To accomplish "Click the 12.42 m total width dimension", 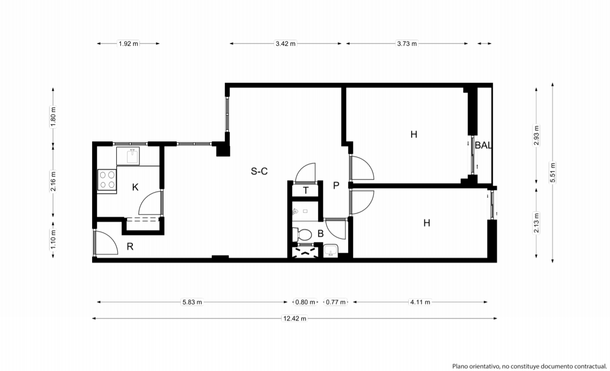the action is [295, 319].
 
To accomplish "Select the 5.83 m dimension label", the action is [192, 302].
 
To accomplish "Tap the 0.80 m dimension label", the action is [305, 302].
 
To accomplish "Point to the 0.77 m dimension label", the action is [335, 302].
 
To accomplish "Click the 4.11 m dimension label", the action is [420, 302].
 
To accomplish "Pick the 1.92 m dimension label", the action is [128, 43].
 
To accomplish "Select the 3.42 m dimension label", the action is [285, 43].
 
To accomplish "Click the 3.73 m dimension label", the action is [407, 43].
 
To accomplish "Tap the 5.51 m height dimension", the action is [552, 173].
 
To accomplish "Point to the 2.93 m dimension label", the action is [536, 135].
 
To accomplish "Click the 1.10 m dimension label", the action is [53, 240].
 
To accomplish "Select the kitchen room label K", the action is [135, 188].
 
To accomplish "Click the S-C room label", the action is [259, 172].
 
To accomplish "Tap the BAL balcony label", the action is [483, 146].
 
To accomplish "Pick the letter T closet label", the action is [306, 190].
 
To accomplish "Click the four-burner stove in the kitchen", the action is [107, 180].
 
